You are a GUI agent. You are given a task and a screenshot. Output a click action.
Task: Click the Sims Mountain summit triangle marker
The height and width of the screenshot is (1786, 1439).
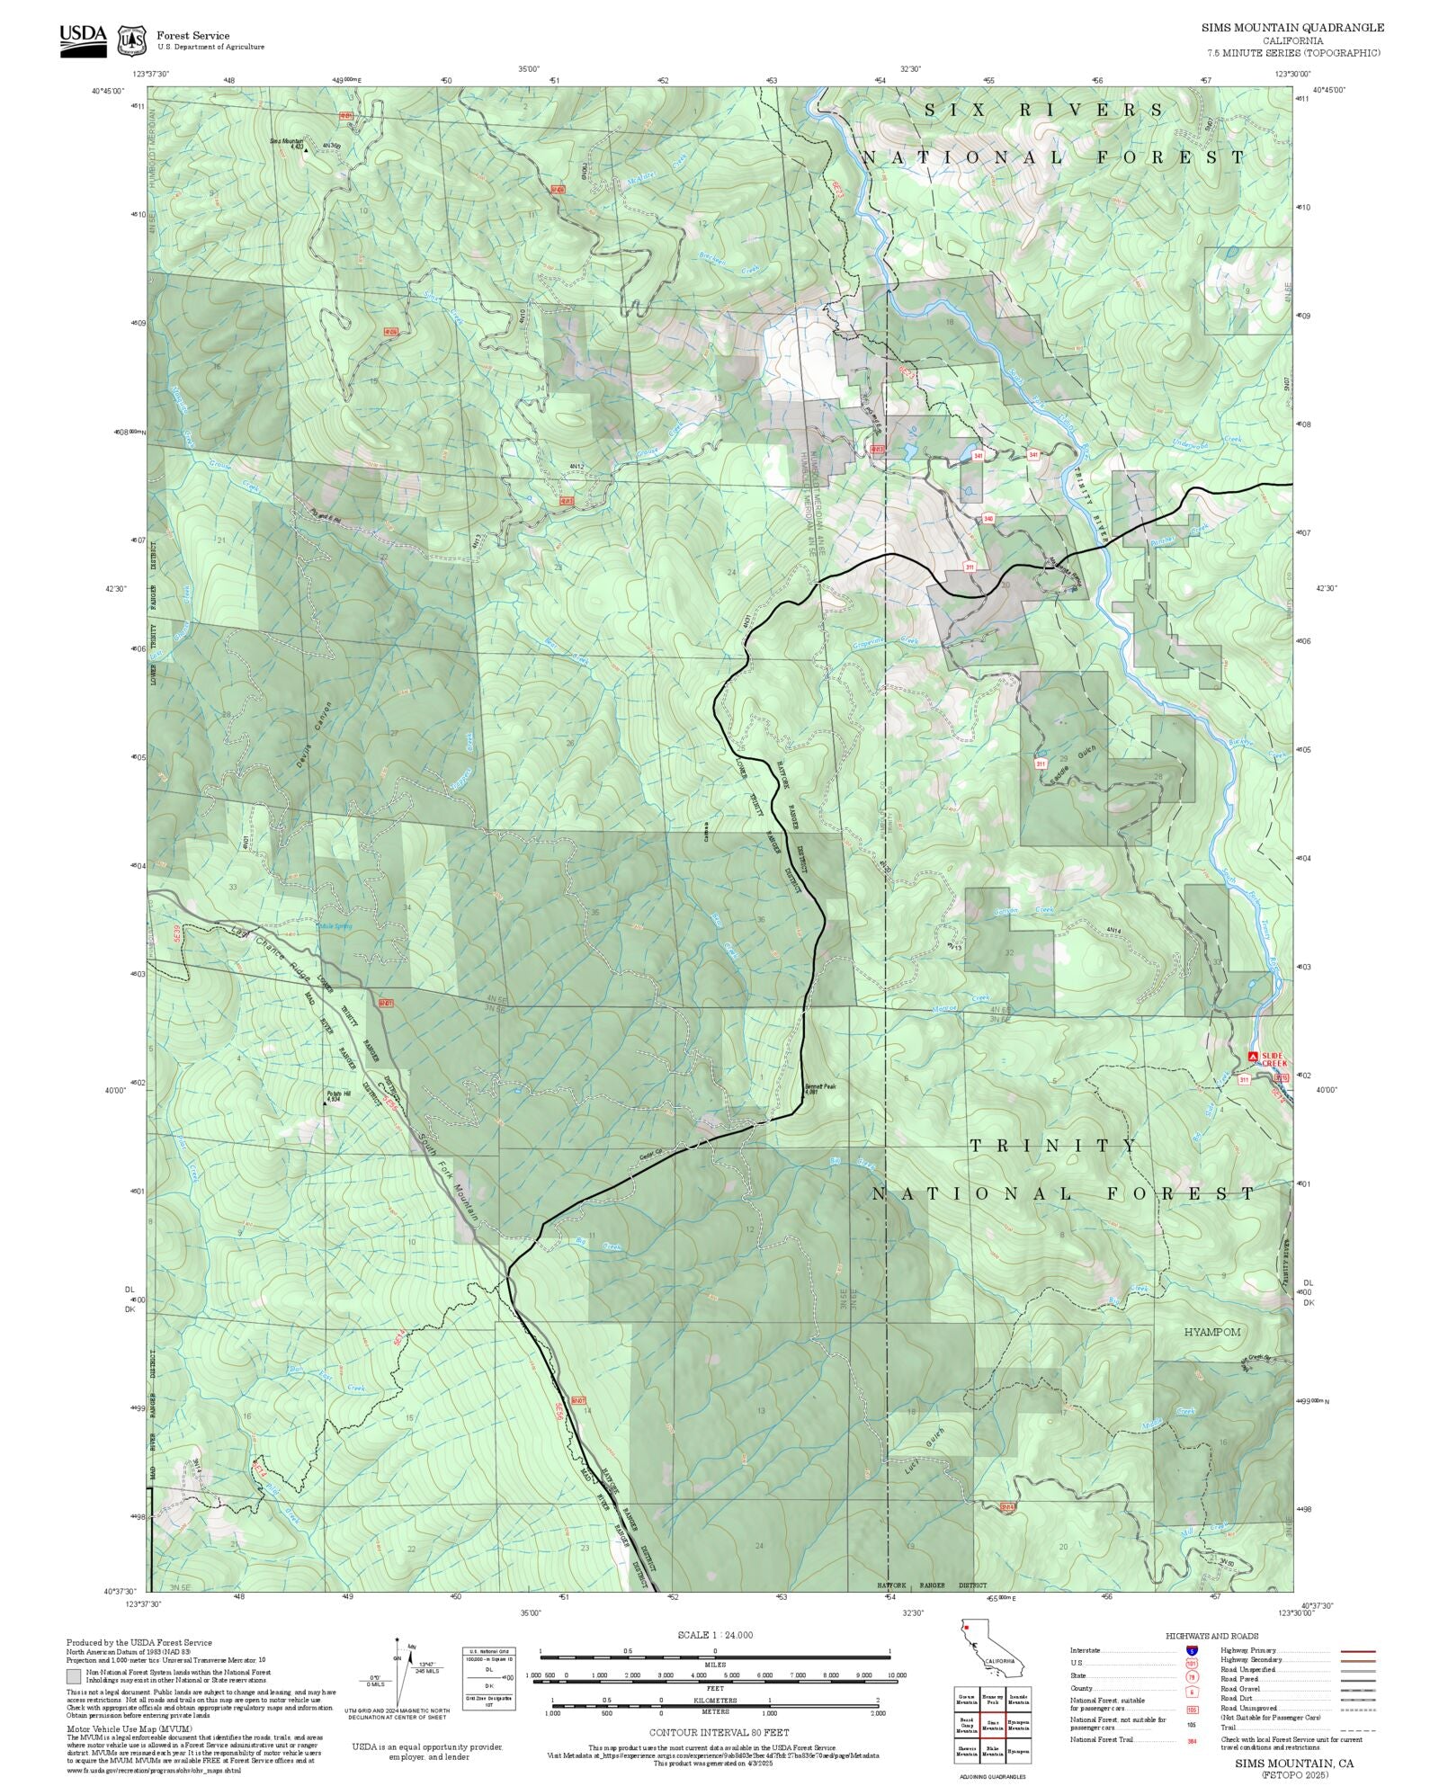305,150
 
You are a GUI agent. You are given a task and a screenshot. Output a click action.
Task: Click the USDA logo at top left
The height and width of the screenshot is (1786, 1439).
83,40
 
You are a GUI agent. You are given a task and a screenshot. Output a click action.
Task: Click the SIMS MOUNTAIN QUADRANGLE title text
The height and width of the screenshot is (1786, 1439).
1292,28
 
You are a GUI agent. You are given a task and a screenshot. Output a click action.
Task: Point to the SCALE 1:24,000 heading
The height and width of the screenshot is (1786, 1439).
715,1635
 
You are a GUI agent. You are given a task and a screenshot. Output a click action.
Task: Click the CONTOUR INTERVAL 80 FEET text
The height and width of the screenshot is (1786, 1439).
719,1731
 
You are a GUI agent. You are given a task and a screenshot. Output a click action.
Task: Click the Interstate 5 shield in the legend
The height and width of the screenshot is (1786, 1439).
1193,1651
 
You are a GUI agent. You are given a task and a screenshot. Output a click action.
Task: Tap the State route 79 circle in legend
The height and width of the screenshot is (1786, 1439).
1193,1676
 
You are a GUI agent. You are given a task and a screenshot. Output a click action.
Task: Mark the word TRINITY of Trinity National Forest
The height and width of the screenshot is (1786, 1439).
1054,1146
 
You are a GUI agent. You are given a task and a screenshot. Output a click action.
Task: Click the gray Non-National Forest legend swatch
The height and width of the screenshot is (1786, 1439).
74,1676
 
